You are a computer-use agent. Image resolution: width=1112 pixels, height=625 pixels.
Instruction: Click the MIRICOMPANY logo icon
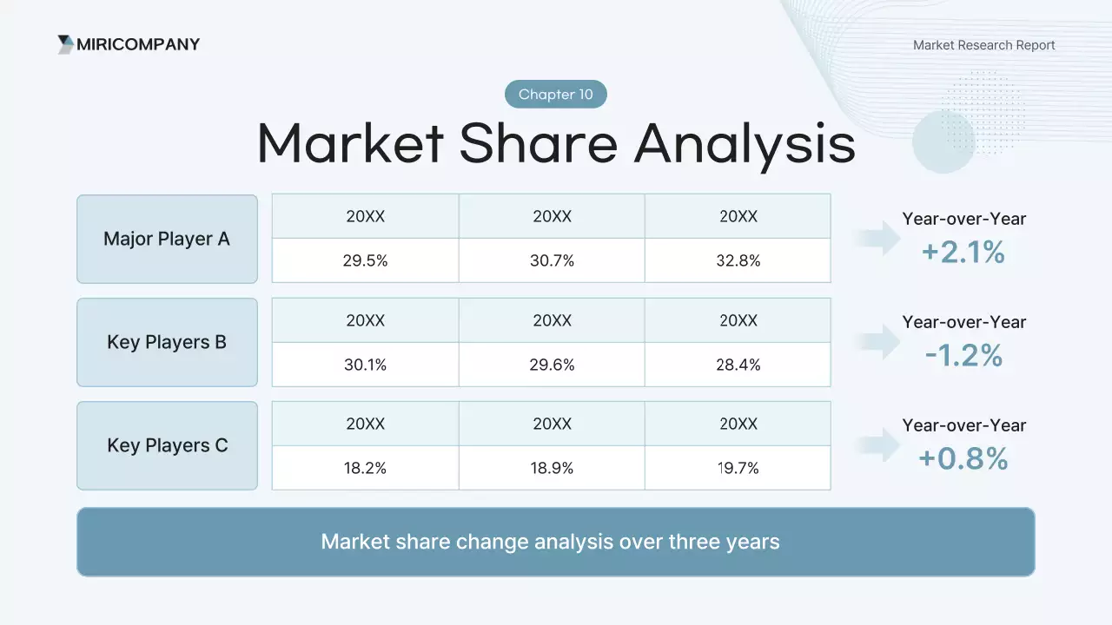tap(65, 44)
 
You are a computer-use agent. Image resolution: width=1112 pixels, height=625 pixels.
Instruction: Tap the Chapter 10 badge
tap(555, 95)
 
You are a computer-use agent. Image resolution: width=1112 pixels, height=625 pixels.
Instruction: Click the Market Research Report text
tap(984, 45)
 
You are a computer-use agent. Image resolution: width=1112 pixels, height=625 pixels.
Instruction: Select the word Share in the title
tap(539, 144)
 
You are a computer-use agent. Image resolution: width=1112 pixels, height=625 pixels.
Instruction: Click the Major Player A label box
tap(168, 239)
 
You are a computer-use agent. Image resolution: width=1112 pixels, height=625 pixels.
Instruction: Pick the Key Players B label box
tap(168, 342)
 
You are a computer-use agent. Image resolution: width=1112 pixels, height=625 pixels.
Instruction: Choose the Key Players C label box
tap(168, 445)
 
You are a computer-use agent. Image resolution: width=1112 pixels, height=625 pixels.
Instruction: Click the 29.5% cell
tap(366, 260)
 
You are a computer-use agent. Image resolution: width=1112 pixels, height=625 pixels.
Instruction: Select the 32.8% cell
tap(738, 260)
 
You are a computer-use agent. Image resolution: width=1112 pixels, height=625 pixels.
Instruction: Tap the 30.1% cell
tap(366, 365)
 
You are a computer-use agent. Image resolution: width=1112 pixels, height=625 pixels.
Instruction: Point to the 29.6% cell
tap(552, 365)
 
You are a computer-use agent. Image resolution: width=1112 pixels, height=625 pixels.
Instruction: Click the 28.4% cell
tap(738, 365)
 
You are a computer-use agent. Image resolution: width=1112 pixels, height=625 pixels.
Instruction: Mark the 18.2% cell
tap(366, 468)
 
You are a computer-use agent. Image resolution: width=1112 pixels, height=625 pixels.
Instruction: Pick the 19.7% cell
tap(738, 468)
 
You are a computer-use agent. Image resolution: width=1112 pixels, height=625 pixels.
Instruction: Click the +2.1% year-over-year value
tap(963, 252)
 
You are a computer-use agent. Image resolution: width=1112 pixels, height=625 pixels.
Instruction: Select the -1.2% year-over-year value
tap(963, 355)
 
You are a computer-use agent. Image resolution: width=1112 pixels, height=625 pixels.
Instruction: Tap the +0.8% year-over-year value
tap(963, 458)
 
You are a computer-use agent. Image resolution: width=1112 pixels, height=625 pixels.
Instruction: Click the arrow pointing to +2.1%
tap(877, 239)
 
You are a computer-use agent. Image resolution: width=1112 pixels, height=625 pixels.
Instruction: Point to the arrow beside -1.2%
tap(877, 342)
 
